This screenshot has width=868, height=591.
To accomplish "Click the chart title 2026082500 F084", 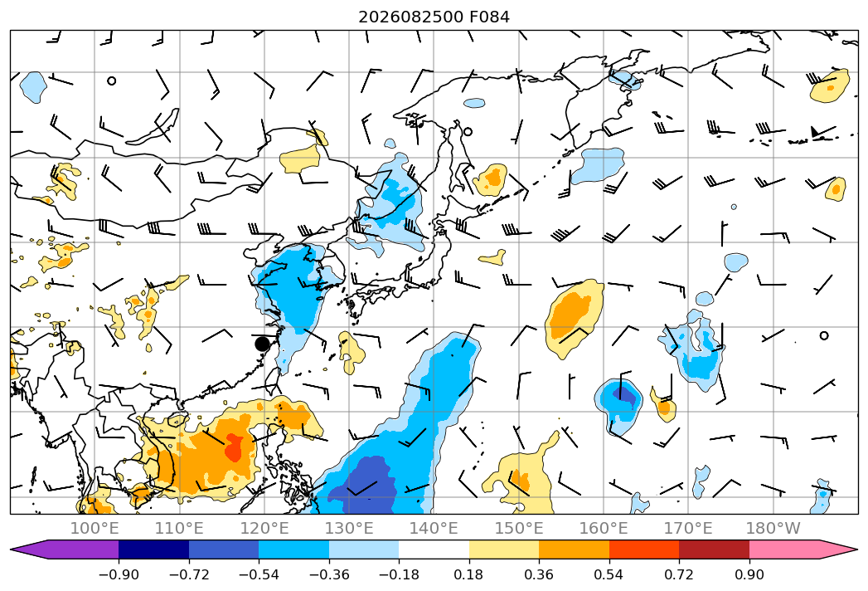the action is click(x=434, y=17).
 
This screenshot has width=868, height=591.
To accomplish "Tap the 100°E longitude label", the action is click(x=95, y=528).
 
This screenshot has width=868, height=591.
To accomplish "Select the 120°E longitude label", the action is click(x=264, y=528).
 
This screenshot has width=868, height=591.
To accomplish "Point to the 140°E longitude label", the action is click(x=434, y=528).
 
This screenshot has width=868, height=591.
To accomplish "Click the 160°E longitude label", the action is click(x=604, y=528).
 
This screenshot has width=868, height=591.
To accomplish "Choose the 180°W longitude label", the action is click(x=773, y=528).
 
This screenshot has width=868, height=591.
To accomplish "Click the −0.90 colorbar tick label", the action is click(x=119, y=574).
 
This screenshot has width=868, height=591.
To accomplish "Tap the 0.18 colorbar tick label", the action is click(x=468, y=574).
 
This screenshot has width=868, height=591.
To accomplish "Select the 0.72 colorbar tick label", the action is click(x=679, y=574).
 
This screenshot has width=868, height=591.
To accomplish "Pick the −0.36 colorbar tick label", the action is click(x=329, y=574).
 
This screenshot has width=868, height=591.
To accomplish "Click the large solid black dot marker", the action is click(x=263, y=344).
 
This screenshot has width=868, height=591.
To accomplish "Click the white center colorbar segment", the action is click(x=434, y=549).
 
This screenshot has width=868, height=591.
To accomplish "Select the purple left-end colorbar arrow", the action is click(x=65, y=549).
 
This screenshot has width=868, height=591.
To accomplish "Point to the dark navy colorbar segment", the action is click(x=154, y=549).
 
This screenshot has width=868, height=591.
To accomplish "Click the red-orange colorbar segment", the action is click(x=644, y=549).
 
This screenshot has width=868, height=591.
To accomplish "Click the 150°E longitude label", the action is click(x=519, y=528).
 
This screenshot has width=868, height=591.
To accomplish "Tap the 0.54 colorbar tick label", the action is click(x=609, y=574).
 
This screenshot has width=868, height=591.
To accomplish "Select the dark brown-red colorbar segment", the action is click(x=714, y=549).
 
